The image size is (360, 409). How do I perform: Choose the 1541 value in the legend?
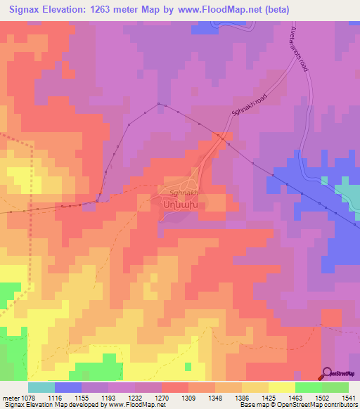[349, 397]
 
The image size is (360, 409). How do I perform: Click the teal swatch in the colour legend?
[41, 387]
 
